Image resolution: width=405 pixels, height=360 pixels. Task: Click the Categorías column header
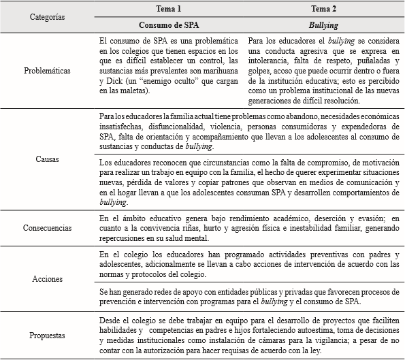[48, 16]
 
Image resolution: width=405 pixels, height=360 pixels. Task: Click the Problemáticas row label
[48, 70]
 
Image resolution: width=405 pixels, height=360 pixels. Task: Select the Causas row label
[48, 161]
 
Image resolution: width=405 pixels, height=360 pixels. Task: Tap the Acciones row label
[48, 279]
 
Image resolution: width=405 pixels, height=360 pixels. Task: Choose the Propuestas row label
[48, 335]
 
